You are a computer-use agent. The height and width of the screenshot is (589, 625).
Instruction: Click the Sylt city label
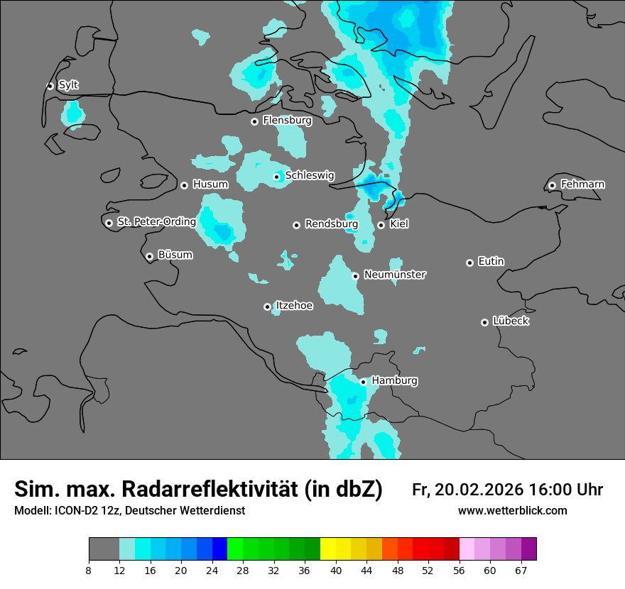tap(68, 85)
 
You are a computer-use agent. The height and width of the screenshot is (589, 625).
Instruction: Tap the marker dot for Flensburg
tap(254, 121)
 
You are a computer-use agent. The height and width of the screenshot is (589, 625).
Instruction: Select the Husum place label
tap(210, 185)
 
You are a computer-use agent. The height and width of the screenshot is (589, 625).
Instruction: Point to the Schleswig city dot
tap(277, 177)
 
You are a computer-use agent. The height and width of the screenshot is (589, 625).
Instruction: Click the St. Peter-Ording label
tap(156, 222)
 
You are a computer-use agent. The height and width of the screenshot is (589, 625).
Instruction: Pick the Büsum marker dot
tap(149, 256)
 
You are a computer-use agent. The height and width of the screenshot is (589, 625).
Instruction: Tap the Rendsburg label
tap(331, 224)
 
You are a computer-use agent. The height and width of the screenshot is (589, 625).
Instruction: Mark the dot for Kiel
tap(381, 225)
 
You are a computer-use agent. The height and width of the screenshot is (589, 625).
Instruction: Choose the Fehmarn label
tap(582, 185)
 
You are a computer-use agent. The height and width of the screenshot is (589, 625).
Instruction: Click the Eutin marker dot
tap(469, 263)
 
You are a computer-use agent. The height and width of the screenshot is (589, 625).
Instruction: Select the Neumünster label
tap(395, 275)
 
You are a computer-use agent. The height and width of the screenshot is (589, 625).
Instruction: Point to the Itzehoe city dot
tap(267, 307)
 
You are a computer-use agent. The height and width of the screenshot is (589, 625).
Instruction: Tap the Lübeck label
tap(511, 321)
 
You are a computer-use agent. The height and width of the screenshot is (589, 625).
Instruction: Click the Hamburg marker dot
tap(363, 382)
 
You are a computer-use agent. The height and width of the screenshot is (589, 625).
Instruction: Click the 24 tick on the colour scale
tap(212, 571)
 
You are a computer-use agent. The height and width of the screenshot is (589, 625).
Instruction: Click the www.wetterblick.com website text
tap(512, 511)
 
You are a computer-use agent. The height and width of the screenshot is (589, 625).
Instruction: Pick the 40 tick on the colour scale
tap(335, 571)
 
